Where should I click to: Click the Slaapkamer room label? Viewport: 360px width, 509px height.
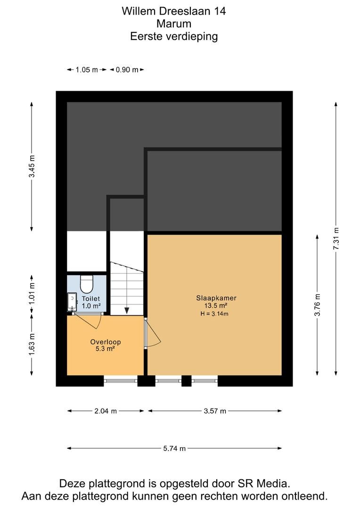pyautogui.click(x=216, y=298)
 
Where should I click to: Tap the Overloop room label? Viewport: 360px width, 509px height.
pyautogui.click(x=106, y=342)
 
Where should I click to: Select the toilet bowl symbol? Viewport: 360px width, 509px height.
pyautogui.click(x=87, y=284)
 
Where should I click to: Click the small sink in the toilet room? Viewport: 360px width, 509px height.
pyautogui.click(x=72, y=302)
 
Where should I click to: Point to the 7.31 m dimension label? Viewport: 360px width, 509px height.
pyautogui.click(x=336, y=238)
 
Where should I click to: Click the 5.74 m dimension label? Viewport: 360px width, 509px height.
pyautogui.click(x=174, y=449)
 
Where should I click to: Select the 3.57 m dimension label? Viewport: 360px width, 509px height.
pyautogui.click(x=215, y=411)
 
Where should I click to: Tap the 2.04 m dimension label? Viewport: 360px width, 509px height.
pyautogui.click(x=106, y=411)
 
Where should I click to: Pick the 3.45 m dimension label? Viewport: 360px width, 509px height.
pyautogui.click(x=32, y=166)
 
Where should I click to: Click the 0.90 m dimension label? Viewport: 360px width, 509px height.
pyautogui.click(x=127, y=70)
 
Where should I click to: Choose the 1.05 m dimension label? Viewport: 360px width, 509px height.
pyautogui.click(x=87, y=70)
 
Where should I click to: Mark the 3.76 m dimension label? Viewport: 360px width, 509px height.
pyautogui.click(x=318, y=305)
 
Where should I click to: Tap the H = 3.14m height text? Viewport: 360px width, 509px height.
pyautogui.click(x=214, y=313)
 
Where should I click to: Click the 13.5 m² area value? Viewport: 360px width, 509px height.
pyautogui.click(x=215, y=305)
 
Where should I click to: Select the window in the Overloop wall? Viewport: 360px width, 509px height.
pyautogui.click(x=121, y=380)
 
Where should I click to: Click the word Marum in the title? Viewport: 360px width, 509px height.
pyautogui.click(x=174, y=24)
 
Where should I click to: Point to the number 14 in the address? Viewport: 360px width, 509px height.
pyautogui.click(x=220, y=11)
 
